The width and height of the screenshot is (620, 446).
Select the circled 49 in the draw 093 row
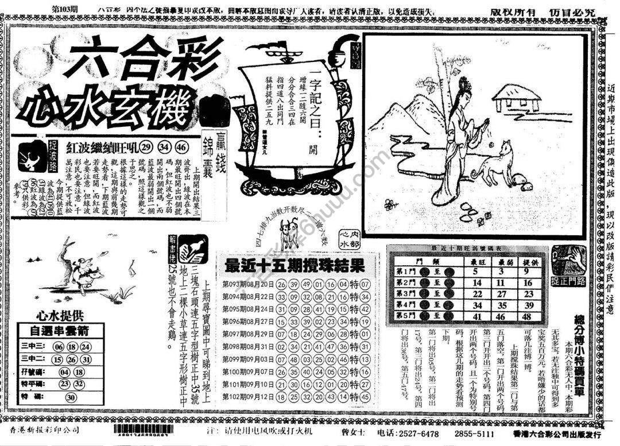click(x=306, y=284)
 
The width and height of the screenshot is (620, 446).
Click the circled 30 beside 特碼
click(x=71, y=397)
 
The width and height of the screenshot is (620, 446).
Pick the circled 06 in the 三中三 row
click(x=59, y=347)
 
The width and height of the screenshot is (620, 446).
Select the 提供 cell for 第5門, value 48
click(x=528, y=316)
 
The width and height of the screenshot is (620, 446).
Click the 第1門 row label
click(x=406, y=272)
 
